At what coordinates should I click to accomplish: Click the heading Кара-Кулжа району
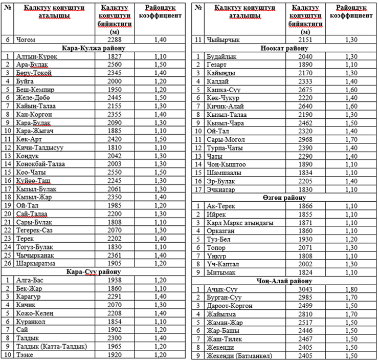click(x=95, y=48)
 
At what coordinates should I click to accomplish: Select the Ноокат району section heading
click(x=284, y=48)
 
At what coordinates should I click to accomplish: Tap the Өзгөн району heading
click(x=284, y=198)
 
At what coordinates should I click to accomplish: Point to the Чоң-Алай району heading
click(x=284, y=281)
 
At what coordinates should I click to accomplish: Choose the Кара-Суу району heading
click(x=95, y=272)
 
